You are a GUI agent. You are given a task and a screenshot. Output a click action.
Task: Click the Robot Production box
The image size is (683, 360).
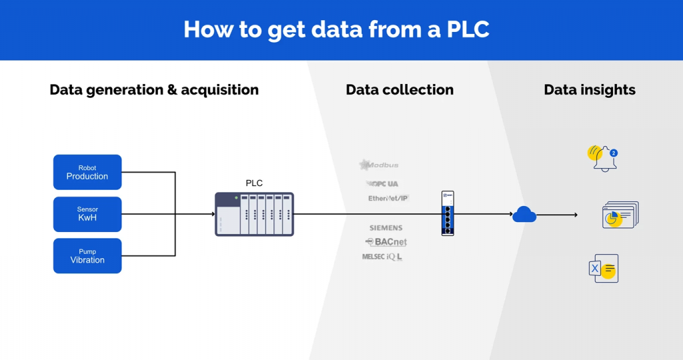pyautogui.click(x=87, y=172)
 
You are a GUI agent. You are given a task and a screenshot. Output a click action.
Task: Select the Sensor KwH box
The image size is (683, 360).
pyautogui.click(x=87, y=214)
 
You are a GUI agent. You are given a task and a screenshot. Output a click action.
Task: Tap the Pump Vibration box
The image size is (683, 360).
pyautogui.click(x=87, y=256)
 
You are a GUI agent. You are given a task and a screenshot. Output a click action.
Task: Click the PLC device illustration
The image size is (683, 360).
pyautogui.click(x=254, y=214)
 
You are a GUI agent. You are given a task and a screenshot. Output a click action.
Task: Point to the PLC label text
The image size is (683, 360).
pyautogui.click(x=255, y=183)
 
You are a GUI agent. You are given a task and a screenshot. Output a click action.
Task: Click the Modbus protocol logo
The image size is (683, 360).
pyautogui.click(x=379, y=165)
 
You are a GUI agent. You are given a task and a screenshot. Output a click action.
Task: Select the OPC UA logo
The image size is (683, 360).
pyautogui.click(x=383, y=183)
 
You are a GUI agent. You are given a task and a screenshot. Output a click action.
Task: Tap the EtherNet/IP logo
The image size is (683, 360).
pyautogui.click(x=388, y=198)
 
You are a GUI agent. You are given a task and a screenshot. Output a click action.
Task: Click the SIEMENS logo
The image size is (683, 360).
pyautogui.click(x=386, y=228)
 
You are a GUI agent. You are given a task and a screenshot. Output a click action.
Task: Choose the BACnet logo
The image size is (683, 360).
pyautogui.click(x=386, y=242)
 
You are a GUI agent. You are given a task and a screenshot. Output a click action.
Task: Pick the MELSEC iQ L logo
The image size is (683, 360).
pyautogui.click(x=382, y=257)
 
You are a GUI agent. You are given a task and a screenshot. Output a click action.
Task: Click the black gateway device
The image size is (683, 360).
pyautogui.click(x=448, y=213)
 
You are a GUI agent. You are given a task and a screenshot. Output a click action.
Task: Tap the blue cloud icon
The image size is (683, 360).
pyautogui.click(x=524, y=214)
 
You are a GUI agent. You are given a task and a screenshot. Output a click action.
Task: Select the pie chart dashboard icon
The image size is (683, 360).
pyautogui.click(x=620, y=215)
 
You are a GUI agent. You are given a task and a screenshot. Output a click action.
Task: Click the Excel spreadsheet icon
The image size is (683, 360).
pyautogui.click(x=604, y=268)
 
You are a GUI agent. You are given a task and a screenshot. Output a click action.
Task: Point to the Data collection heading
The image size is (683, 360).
pyautogui.click(x=400, y=90)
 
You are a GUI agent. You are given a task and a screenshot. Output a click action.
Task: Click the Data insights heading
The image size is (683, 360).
pyautogui.click(x=590, y=90)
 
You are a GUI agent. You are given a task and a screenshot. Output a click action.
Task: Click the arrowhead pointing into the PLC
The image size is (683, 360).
pyautogui.click(x=211, y=214)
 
